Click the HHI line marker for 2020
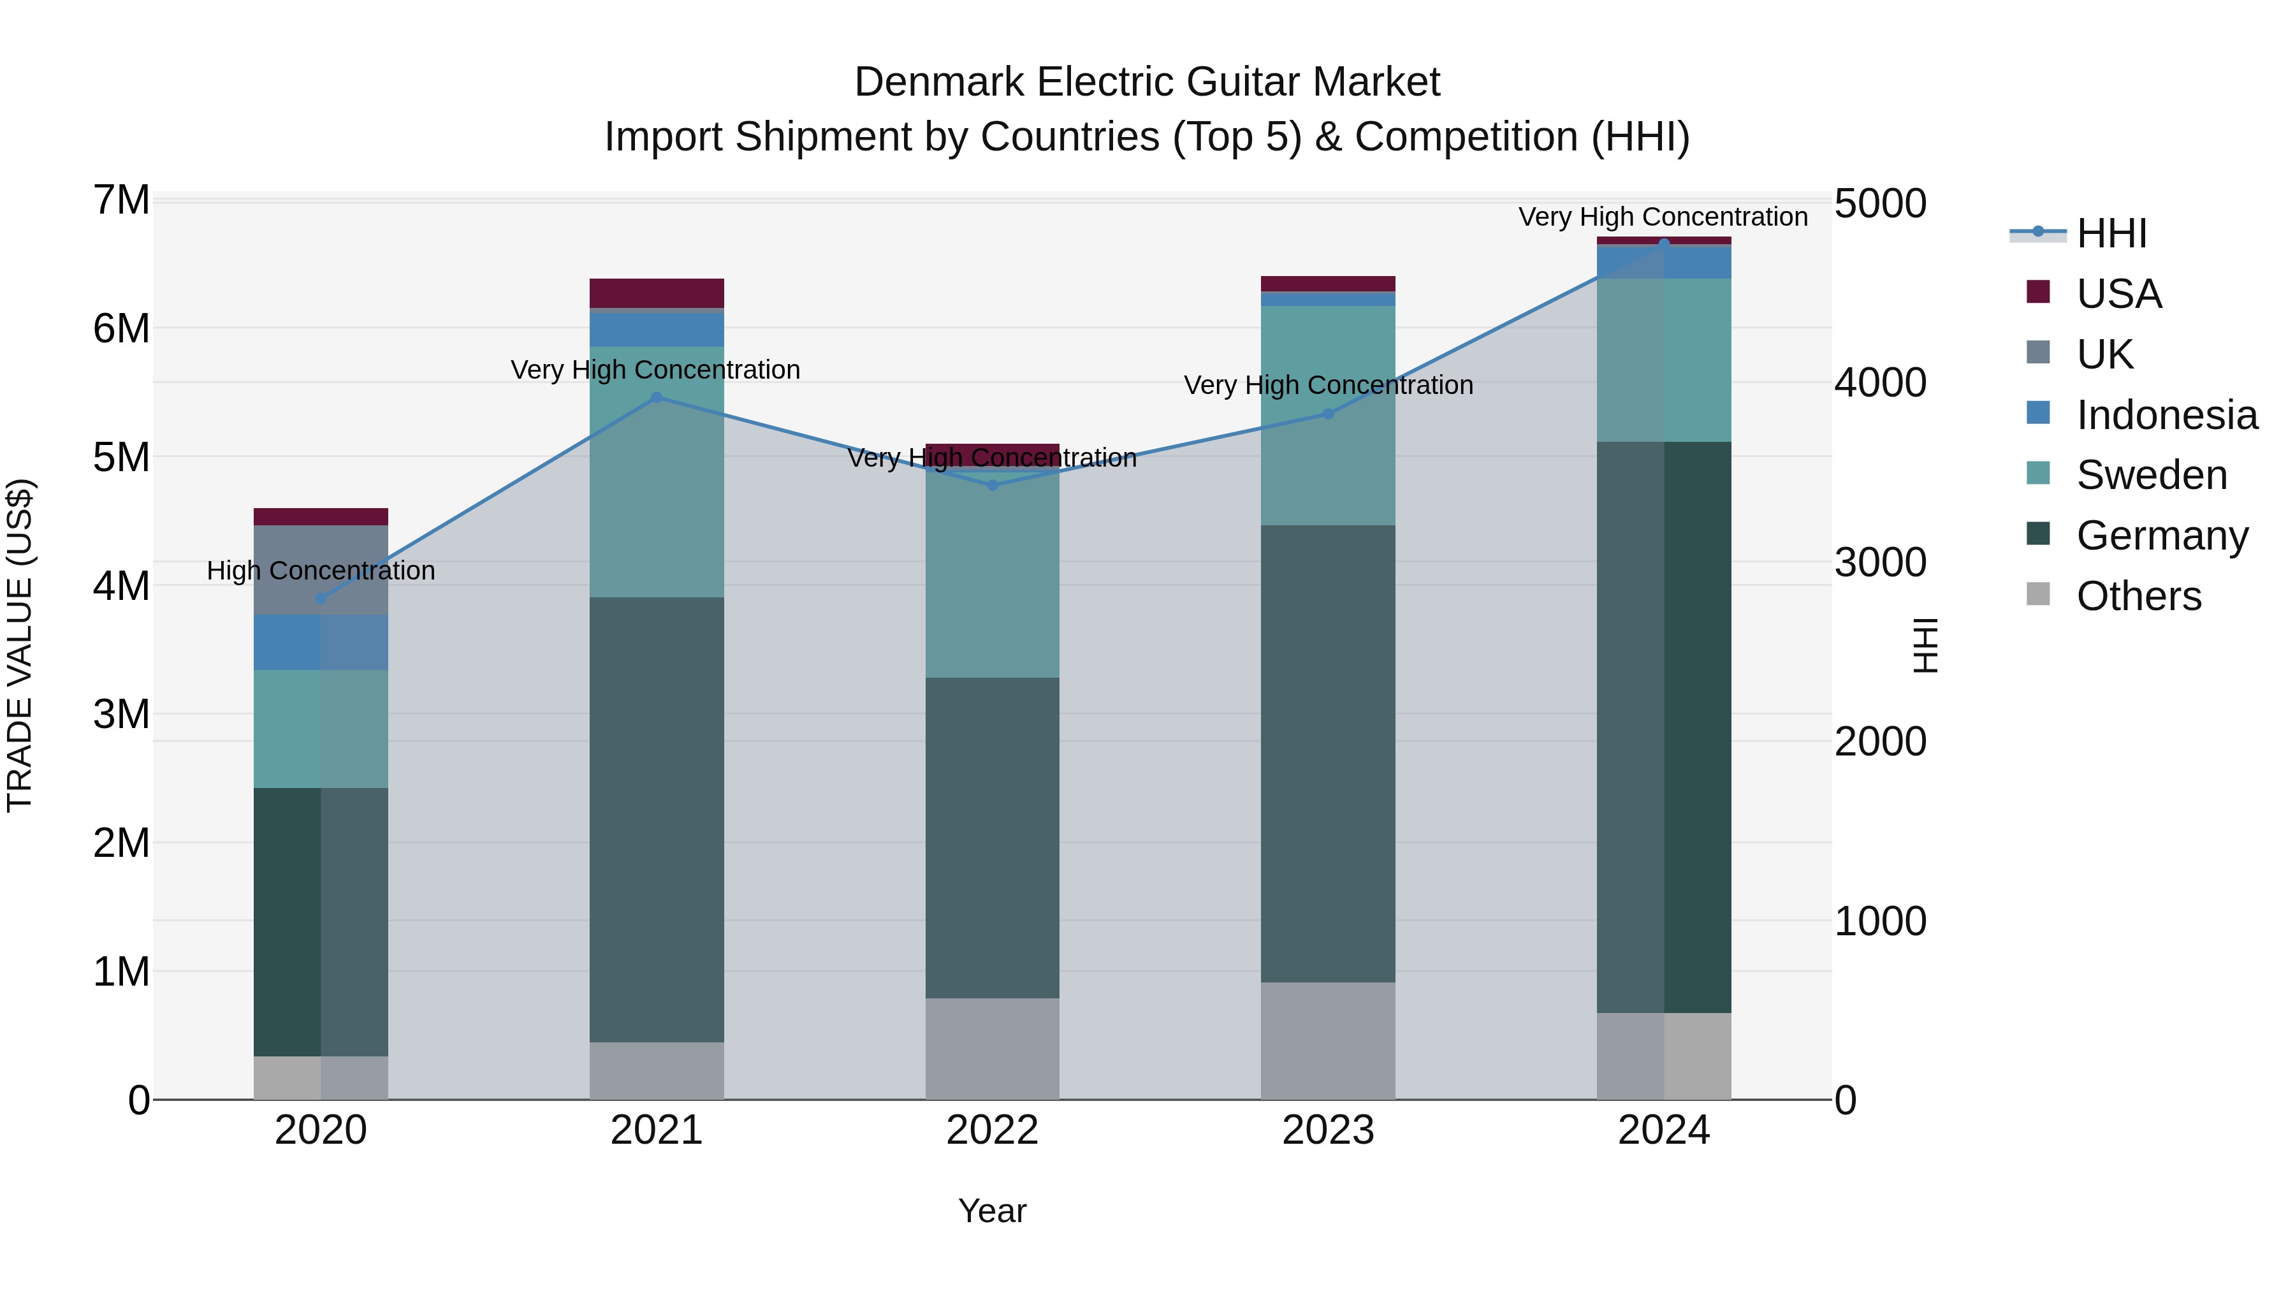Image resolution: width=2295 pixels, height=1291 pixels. tap(321, 598)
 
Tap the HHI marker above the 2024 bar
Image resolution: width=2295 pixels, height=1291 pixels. tap(1663, 244)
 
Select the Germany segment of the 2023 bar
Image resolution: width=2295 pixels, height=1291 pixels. tap(1327, 753)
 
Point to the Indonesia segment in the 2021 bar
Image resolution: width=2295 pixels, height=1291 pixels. tap(657, 329)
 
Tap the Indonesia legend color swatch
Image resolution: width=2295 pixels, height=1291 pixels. tap(2037, 412)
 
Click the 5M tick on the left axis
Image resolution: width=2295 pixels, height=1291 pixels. tap(121, 457)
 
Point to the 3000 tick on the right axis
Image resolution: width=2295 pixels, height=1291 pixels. tap(1880, 562)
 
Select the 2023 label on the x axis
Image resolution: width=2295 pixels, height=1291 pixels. tap(1327, 1130)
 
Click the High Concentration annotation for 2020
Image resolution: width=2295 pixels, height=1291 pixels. tap(321, 570)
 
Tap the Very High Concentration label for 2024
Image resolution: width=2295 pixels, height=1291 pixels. tap(1663, 217)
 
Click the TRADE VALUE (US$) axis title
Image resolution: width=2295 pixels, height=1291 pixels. tap(20, 646)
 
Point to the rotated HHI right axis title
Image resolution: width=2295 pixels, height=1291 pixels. tap(1925, 646)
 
